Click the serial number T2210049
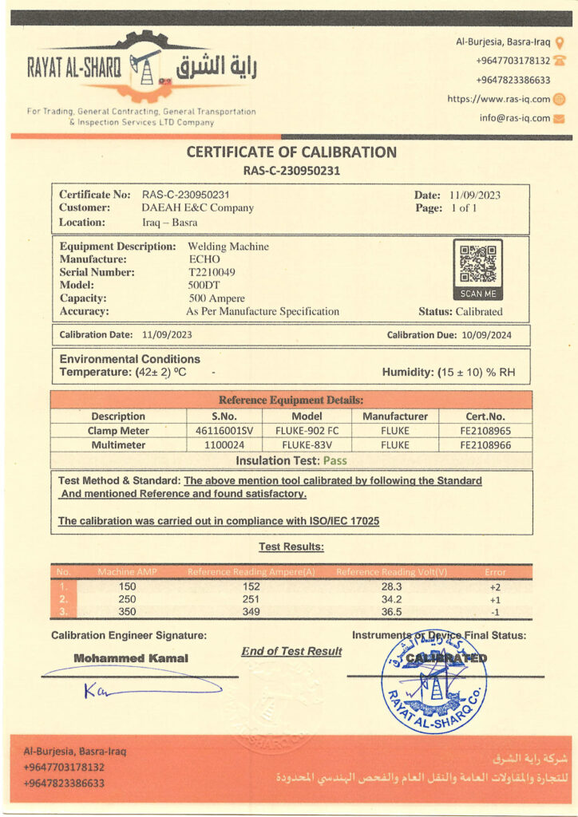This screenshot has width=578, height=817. point(212,272)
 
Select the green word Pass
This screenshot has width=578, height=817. point(335,460)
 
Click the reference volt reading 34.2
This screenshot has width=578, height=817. point(391,599)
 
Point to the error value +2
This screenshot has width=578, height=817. point(495,586)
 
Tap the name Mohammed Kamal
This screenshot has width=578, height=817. point(131,658)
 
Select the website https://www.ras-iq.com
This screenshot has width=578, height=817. point(499,99)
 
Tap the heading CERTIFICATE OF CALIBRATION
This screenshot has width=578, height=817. point(291,152)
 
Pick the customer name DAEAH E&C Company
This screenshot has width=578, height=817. point(197,208)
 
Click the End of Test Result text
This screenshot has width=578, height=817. point(291,652)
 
